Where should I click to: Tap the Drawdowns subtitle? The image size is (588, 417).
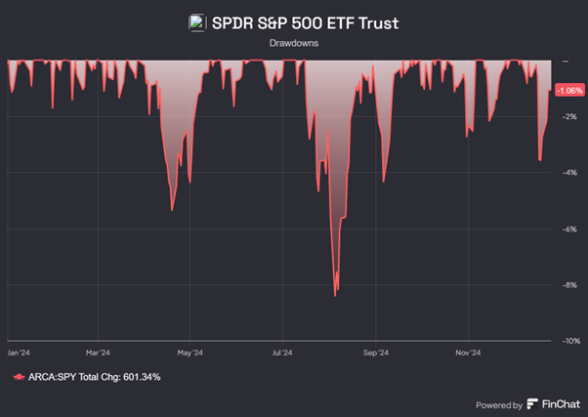click(293, 44)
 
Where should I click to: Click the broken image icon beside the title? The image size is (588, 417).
click(196, 22)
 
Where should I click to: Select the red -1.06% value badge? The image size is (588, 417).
click(568, 90)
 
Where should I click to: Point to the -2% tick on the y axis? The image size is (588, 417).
click(568, 117)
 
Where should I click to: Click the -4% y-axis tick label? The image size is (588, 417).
click(568, 174)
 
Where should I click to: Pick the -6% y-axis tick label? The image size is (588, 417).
click(568, 229)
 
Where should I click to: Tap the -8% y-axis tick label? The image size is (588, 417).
click(568, 286)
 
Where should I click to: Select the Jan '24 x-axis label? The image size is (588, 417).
click(20, 352)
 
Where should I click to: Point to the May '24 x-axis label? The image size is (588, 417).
click(189, 352)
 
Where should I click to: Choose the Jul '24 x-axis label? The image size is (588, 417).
click(283, 352)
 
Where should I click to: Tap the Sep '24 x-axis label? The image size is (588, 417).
click(376, 352)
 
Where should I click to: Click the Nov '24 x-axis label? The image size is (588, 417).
click(468, 352)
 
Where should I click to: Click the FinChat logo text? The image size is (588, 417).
click(553, 403)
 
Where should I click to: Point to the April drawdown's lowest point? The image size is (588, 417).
click(172, 210)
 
